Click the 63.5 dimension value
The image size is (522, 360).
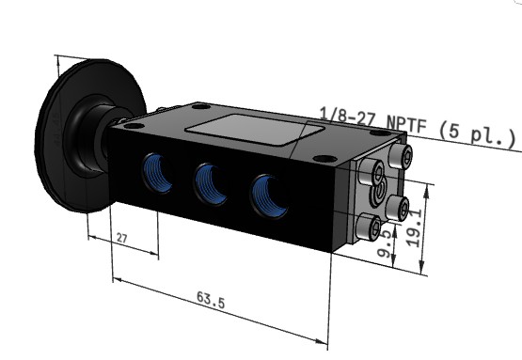[x=211, y=300]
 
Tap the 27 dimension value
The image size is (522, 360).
[x=122, y=238]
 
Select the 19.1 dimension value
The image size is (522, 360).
[x=415, y=227]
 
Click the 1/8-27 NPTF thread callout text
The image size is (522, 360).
[x=372, y=120]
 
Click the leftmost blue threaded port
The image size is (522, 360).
[x=157, y=173]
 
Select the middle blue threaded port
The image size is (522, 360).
[x=211, y=184]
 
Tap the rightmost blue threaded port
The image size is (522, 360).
[x=269, y=196]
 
